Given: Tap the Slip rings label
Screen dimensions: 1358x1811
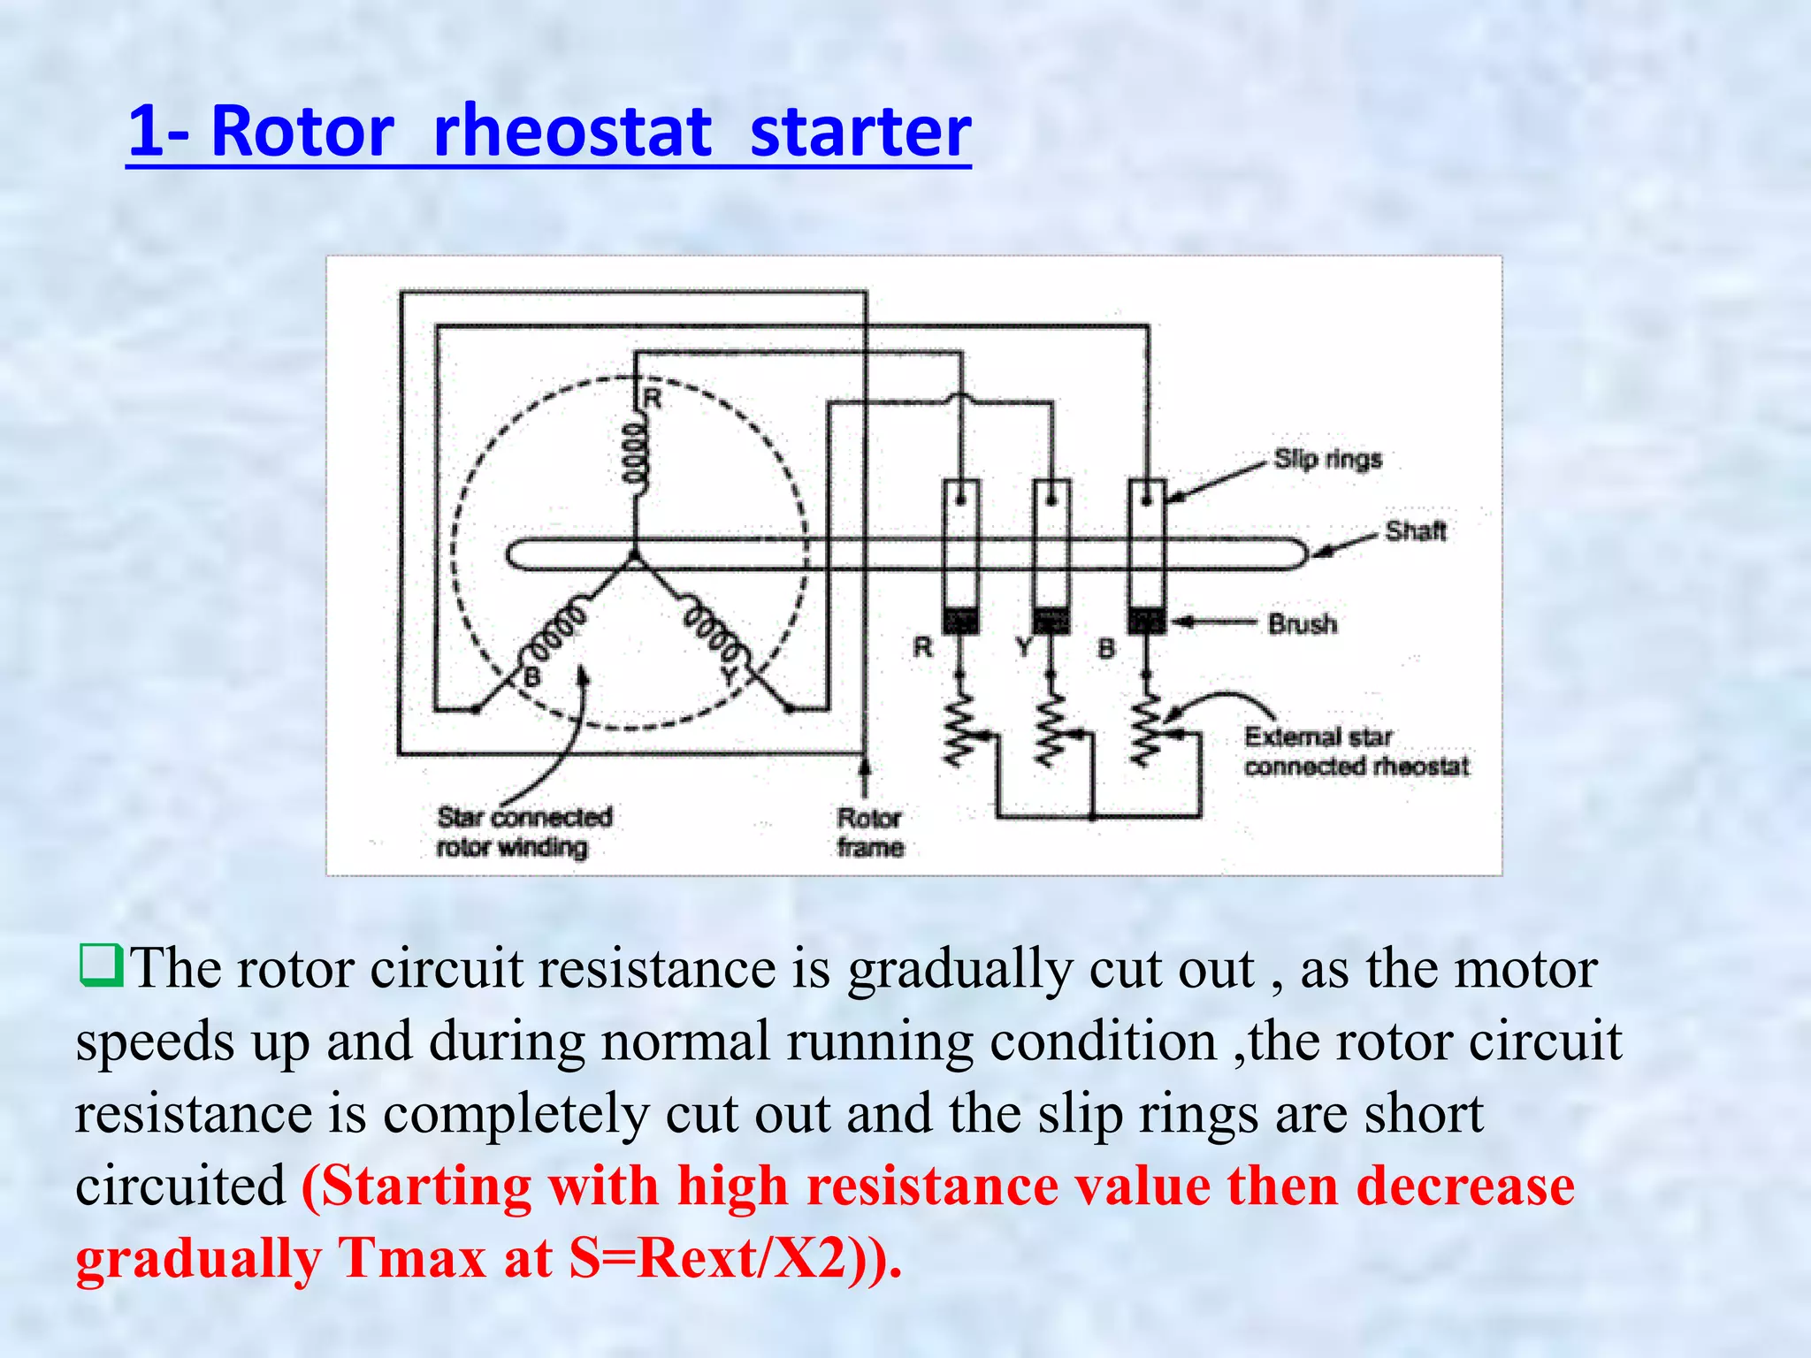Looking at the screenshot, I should tap(1327, 459).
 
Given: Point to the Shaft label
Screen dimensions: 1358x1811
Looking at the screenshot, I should tap(1416, 530).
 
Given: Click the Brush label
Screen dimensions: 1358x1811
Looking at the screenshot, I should tap(1303, 624).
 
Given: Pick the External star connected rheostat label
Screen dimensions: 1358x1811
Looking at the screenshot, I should tap(1356, 751).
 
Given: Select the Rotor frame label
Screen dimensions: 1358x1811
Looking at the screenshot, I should tap(870, 832).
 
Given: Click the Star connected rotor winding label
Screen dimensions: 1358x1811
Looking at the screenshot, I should tap(524, 832).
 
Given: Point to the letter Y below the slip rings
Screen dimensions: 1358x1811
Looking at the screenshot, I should tap(1024, 648).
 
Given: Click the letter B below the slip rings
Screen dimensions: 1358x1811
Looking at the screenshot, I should tap(1106, 649).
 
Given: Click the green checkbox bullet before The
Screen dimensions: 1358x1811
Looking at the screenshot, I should tap(100, 966).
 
